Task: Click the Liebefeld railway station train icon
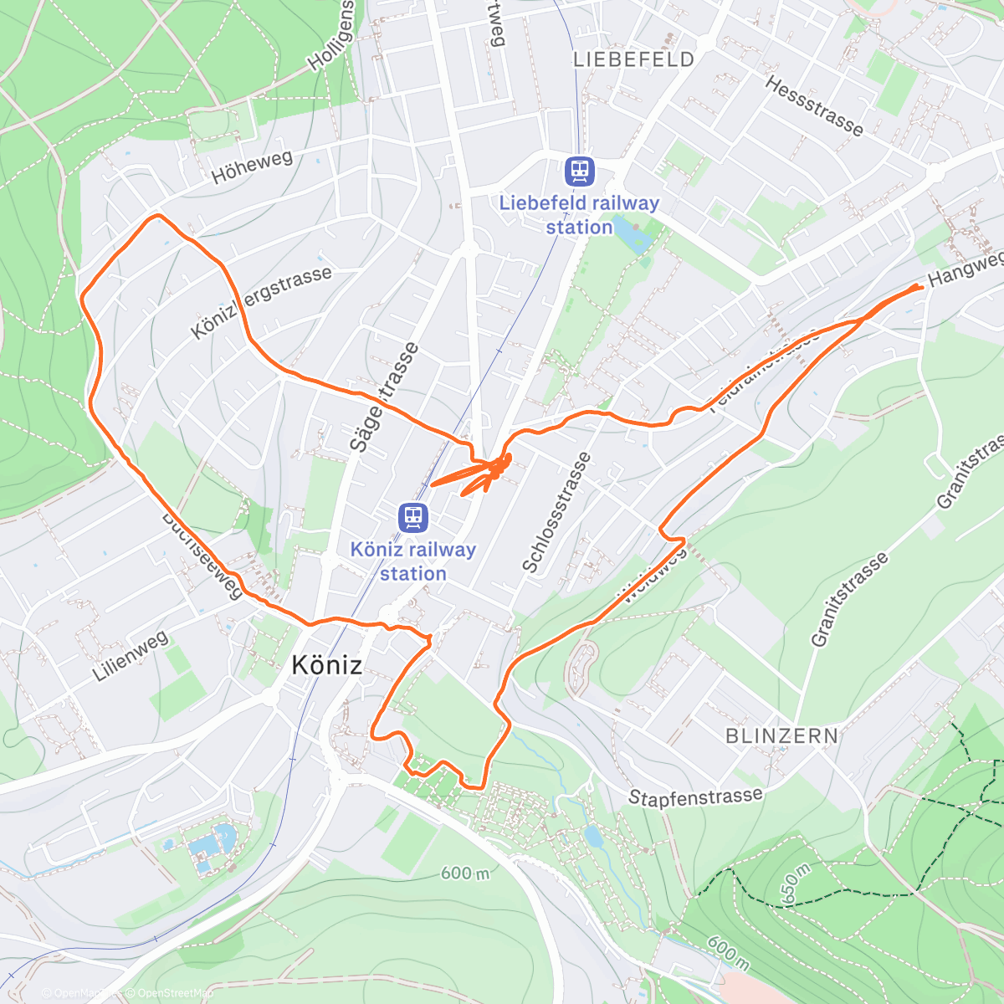tap(579, 171)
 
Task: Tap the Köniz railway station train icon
tap(412, 517)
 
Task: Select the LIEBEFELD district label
tap(634, 59)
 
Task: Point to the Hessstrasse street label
tap(813, 106)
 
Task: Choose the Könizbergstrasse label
tap(261, 302)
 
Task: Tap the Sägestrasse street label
tap(384, 397)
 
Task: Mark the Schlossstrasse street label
tap(556, 512)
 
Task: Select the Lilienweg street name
tap(131, 655)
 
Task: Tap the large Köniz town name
tap(327, 665)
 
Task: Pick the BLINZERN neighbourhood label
tap(781, 736)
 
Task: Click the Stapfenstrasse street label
tap(695, 797)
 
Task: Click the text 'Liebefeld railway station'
tap(579, 215)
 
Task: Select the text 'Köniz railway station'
tap(412, 561)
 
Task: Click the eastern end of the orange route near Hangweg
tap(920, 287)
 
